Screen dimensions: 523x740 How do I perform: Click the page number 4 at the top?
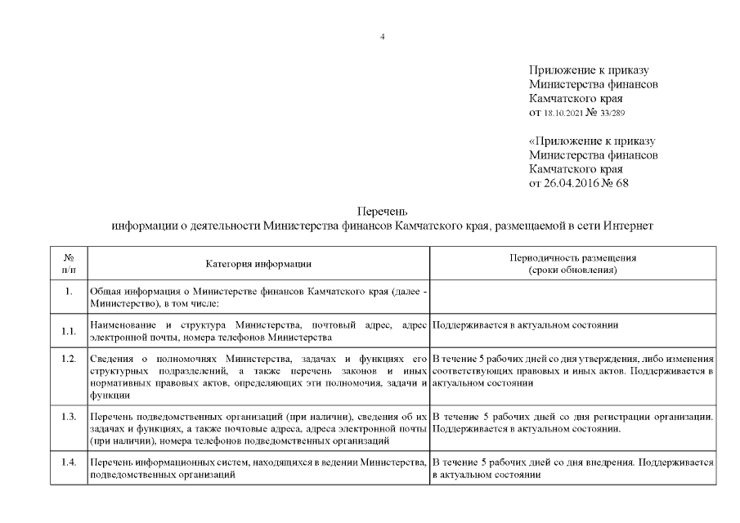click(383, 36)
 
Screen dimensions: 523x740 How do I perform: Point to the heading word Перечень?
click(383, 211)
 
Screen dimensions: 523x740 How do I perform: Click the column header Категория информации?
click(258, 263)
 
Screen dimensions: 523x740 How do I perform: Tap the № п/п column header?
click(69, 263)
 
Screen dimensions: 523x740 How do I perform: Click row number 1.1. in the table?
click(69, 331)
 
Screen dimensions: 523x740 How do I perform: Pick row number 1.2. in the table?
click(69, 359)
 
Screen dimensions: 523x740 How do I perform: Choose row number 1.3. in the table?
click(69, 417)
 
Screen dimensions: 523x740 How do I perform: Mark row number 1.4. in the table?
click(69, 463)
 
